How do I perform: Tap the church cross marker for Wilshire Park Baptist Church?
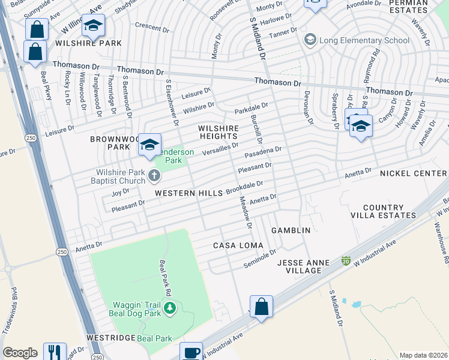(x=154, y=176)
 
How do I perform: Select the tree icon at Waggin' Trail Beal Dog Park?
(x=170, y=308)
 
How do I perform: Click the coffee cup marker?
(x=191, y=352)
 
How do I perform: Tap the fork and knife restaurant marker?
(x=55, y=352)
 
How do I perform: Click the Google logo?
(x=20, y=353)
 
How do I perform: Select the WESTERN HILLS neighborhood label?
(x=188, y=193)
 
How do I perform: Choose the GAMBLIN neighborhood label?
(x=291, y=230)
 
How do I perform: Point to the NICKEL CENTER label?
(x=414, y=173)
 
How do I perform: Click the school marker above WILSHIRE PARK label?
(x=93, y=26)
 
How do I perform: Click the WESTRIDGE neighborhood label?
(x=110, y=338)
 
